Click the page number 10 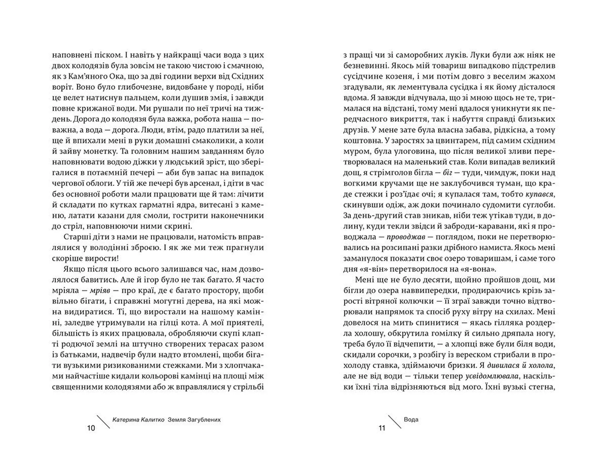91,428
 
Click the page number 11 382,428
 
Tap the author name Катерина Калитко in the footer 138,420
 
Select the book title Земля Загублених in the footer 194,420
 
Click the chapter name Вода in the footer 411,420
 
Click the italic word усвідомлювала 492,376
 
